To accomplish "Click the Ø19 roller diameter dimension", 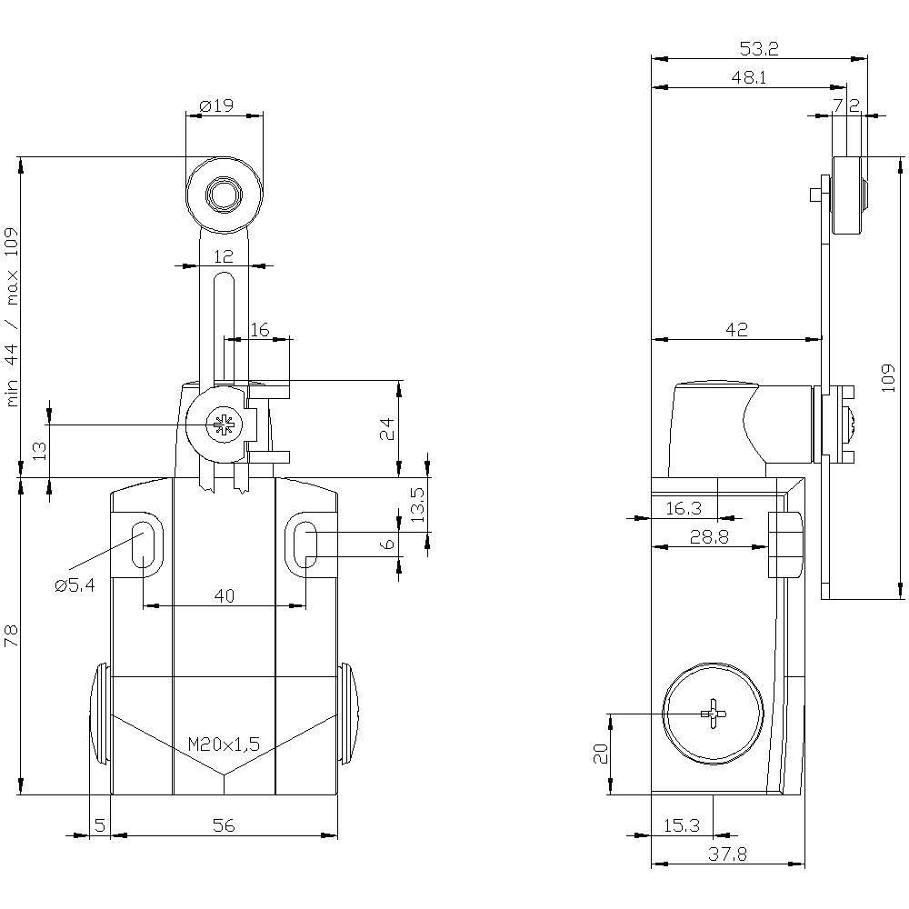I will tap(215, 106).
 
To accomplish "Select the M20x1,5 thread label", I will tap(224, 744).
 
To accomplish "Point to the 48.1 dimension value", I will tap(748, 78).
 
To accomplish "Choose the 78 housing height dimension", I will tap(11, 635).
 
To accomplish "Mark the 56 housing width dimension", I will tap(224, 825).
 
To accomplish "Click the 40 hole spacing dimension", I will tap(224, 595).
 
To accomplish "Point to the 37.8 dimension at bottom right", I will tap(729, 854).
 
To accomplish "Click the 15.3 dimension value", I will tap(681, 825).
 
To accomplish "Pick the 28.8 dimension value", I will tap(709, 537).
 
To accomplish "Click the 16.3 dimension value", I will tap(684, 509).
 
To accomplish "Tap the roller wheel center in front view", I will tap(221, 195).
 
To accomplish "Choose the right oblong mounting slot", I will tap(306, 544).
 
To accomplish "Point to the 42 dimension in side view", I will tap(736, 330).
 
